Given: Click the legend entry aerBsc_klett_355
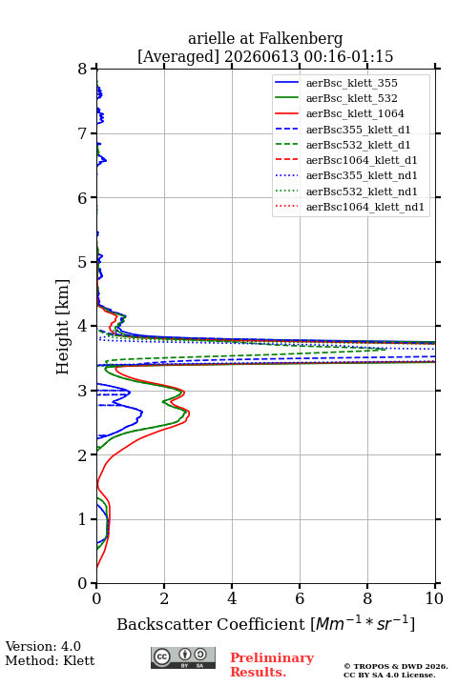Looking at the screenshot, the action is tap(351, 83).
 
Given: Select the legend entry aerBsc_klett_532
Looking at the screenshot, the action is tap(351, 98).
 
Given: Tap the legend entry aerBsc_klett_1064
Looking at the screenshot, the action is tap(355, 113).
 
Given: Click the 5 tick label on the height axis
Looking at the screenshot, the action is tap(83, 262).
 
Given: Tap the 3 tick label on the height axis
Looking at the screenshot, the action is tap(83, 391).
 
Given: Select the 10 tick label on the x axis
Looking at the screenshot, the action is tap(434, 598).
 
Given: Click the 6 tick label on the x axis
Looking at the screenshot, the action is tap(300, 598).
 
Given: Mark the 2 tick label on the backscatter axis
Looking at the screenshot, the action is tap(164, 598).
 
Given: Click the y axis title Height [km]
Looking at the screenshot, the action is tap(63, 327).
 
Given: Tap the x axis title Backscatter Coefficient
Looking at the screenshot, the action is tap(211, 624).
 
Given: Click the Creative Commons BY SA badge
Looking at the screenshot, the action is tap(183, 658).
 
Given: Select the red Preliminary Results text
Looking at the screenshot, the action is tap(272, 665).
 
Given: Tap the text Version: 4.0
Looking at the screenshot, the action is tap(43, 646).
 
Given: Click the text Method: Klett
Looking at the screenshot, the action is tap(50, 660).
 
